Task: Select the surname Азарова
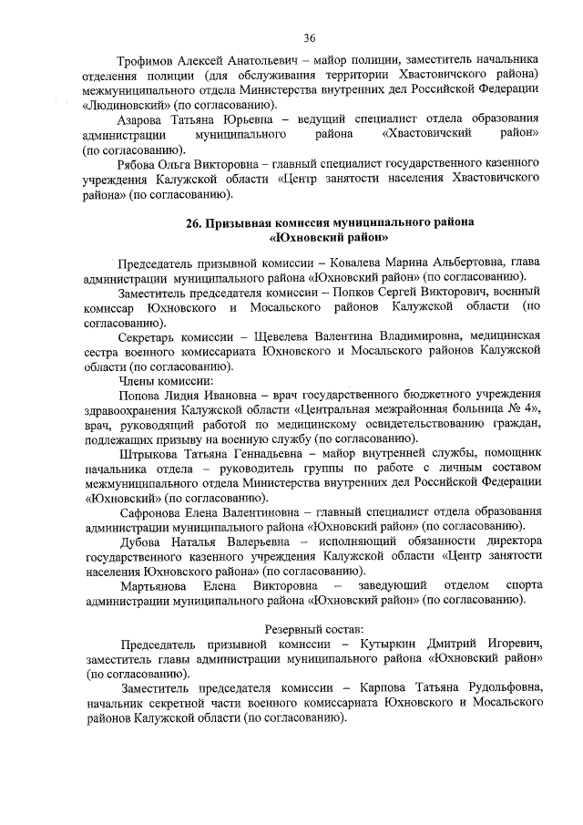coord(146,119)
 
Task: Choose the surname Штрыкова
coord(149,453)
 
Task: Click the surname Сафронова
coord(152,512)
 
